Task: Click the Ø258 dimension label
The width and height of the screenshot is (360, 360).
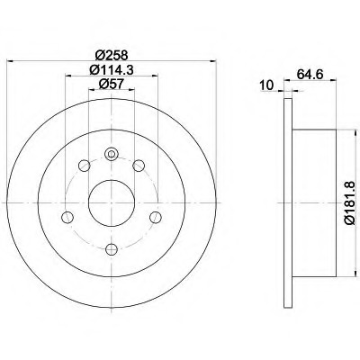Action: click(112, 55)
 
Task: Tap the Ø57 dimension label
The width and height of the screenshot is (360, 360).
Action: click(112, 84)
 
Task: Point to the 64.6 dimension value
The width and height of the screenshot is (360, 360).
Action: click(310, 74)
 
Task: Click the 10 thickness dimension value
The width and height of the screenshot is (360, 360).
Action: click(266, 85)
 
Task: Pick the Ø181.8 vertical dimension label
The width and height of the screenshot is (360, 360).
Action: click(350, 202)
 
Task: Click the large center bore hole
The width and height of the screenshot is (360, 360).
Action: click(112, 202)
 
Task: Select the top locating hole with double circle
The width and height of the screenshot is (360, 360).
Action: click(112, 154)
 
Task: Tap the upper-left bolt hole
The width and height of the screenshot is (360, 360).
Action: click(84, 166)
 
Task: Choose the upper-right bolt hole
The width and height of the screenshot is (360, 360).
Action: click(139, 166)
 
